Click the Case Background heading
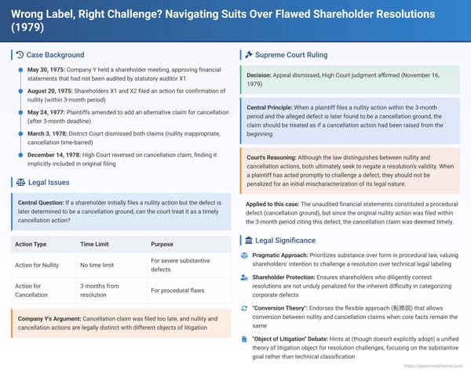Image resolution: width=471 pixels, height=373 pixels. [54, 55]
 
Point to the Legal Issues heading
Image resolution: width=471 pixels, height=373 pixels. [48, 182]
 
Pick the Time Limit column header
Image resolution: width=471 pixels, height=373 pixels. [97, 244]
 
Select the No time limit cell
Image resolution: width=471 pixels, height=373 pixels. [100, 265]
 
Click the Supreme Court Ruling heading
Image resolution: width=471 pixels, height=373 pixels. [293, 55]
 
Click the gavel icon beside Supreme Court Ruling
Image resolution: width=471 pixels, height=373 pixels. [248, 55]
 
